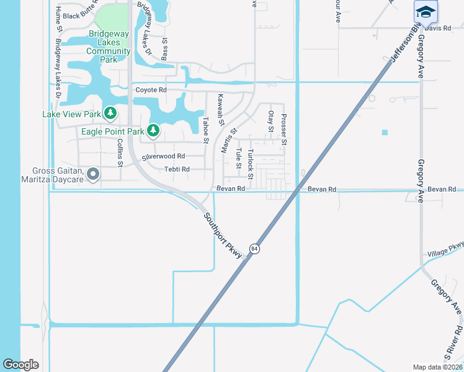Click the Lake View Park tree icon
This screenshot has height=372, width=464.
click(x=110, y=113)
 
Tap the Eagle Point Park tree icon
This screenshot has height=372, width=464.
click(x=152, y=131)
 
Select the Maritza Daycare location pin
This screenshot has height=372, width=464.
click(x=93, y=175)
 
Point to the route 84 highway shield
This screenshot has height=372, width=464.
click(x=254, y=249)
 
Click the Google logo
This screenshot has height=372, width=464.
click(x=20, y=365)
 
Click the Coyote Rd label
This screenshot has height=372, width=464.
click(x=151, y=90)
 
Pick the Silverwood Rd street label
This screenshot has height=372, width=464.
click(x=164, y=157)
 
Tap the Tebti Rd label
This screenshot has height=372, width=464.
click(x=177, y=169)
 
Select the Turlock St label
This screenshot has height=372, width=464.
click(x=251, y=164)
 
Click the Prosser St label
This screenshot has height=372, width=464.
click(x=283, y=129)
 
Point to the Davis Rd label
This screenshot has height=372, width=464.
click(x=438, y=29)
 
